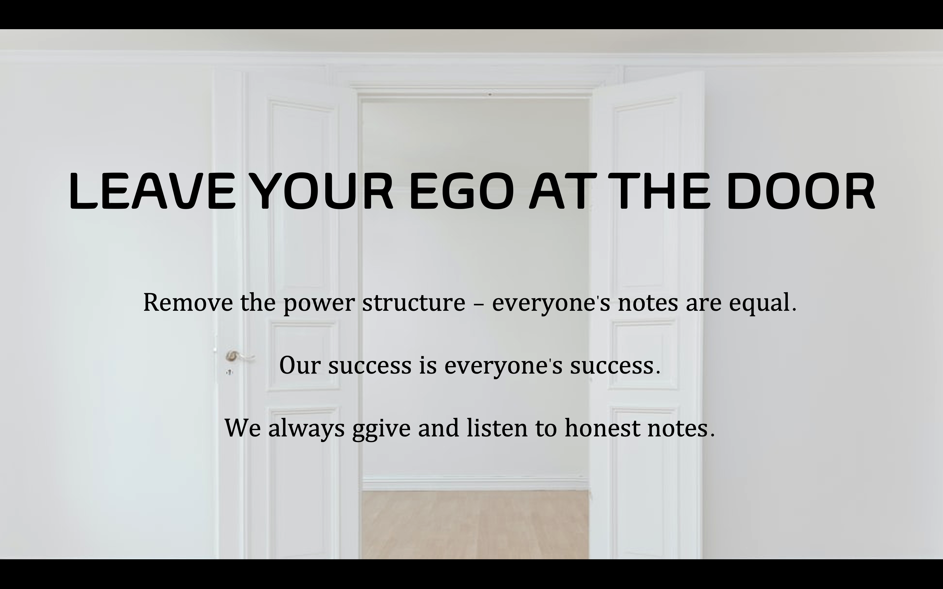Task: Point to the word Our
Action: click(300, 366)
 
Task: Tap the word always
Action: click(306, 429)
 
